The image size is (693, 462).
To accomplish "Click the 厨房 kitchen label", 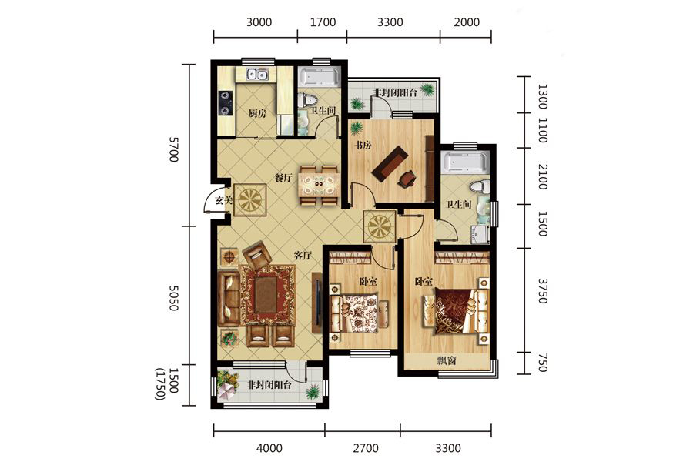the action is coord(257,114).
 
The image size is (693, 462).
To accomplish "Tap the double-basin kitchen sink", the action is coord(256,75).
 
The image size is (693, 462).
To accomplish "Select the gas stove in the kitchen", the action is coord(226,103).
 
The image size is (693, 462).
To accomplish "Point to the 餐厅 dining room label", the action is coord(283,178).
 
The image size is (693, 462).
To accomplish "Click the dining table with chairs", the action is coord(318,185).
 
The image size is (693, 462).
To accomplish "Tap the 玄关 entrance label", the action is coord(224,200).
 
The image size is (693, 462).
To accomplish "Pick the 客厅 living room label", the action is coord(303,256).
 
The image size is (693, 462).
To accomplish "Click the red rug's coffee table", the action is coord(267,294).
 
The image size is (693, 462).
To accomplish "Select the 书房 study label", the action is coord(363,145).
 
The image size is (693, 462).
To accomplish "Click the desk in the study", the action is coord(390,163).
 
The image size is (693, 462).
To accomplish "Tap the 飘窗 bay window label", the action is coord(447,360).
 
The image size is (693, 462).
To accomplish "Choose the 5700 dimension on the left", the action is coord(174,149).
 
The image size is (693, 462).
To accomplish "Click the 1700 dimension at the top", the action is coord(323,22).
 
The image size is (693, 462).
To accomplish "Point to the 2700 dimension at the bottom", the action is coord(366,448).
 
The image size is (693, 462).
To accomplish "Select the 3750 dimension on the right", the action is coord(542,290).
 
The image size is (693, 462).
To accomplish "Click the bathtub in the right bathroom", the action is coord(465,162).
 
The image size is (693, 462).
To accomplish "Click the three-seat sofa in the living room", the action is coord(229,299).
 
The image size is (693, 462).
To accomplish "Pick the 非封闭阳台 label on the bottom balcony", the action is coord(269,385).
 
